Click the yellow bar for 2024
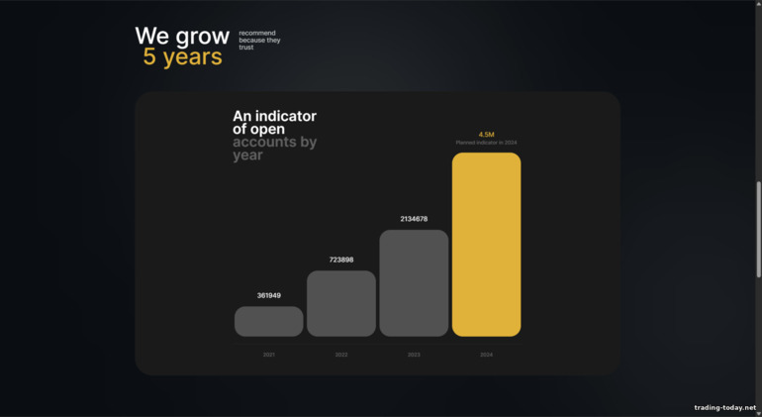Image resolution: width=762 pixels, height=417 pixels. pos(486,244)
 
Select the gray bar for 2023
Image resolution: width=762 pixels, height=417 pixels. pos(414,282)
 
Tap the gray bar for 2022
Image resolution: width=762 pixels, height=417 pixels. pos(341,303)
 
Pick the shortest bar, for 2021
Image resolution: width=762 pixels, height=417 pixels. pos(269,321)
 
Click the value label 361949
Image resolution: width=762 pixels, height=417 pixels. pos(269,295)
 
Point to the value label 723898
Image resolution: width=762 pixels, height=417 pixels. pos(341,260)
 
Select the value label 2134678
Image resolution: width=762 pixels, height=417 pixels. pos(414,219)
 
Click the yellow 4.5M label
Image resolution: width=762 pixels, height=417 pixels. pos(486,134)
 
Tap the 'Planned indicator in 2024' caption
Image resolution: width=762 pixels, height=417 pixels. pos(486,143)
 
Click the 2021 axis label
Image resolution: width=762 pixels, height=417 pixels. pos(269,354)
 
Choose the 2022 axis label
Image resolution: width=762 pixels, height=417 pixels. pos(341,354)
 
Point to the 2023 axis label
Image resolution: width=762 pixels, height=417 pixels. pos(414,354)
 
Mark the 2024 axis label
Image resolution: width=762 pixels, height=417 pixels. pos(486,354)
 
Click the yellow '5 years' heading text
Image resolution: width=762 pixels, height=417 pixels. pos(182,57)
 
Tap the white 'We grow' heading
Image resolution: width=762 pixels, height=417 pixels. pos(182,37)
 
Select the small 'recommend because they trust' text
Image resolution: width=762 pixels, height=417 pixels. pos(259,40)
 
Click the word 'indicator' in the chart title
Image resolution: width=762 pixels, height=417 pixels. pos(287,117)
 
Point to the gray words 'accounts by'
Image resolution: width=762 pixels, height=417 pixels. pos(274,142)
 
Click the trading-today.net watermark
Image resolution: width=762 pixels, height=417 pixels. pos(724,407)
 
